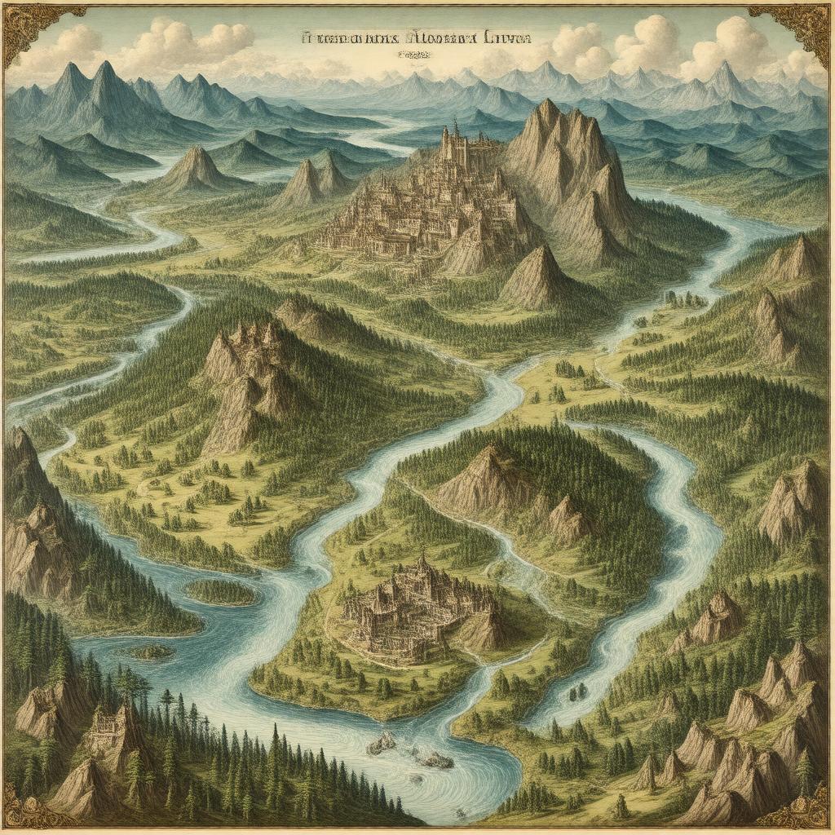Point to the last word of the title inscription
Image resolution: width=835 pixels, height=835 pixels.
[x=506, y=38]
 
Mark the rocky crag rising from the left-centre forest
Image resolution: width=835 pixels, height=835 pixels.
[x=245, y=367]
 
